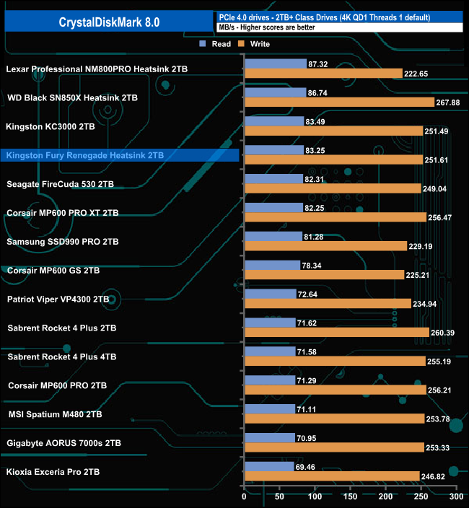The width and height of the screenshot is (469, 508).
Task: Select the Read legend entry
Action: (216, 44)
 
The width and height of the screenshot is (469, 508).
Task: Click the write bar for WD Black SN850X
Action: (339, 102)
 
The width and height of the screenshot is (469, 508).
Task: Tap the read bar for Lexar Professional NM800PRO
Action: (276, 63)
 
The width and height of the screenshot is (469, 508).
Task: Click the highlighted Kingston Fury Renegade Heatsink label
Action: (84, 155)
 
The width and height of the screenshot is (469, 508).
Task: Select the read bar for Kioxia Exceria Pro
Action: (269, 466)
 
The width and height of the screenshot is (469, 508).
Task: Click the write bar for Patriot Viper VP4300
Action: (328, 304)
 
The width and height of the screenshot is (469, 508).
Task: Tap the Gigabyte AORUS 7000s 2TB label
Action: (64, 443)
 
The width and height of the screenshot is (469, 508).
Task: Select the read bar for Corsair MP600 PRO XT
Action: (273, 208)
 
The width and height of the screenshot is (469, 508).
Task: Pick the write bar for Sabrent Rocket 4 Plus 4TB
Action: (334, 361)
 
